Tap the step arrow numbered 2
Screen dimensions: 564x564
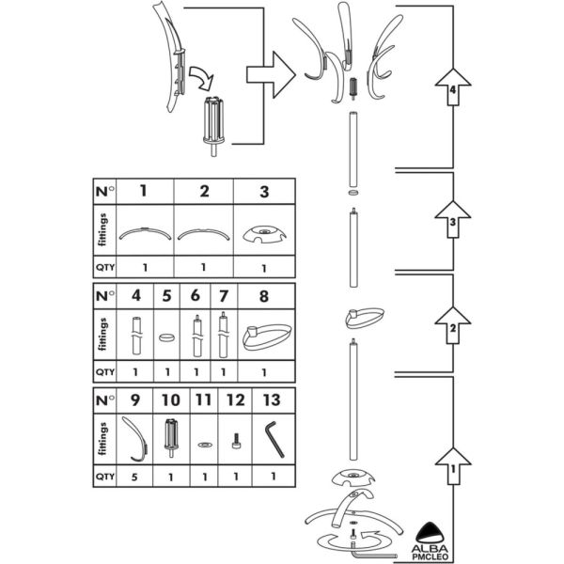pyautogui.click(x=454, y=329)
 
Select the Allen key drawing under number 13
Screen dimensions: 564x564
pyautogui.click(x=274, y=437)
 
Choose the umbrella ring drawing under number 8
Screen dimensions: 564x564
pyautogui.click(x=262, y=335)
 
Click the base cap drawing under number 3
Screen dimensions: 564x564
pyautogui.click(x=263, y=232)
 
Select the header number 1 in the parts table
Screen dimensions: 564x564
pyautogui.click(x=143, y=191)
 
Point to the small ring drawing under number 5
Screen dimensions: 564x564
pyautogui.click(x=165, y=334)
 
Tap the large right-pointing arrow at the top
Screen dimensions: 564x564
pyautogui.click(x=271, y=72)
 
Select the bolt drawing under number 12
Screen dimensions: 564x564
pyautogui.click(x=235, y=441)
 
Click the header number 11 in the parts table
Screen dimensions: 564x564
pyautogui.click(x=204, y=400)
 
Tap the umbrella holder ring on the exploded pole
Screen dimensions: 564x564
pyautogui.click(x=375, y=318)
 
